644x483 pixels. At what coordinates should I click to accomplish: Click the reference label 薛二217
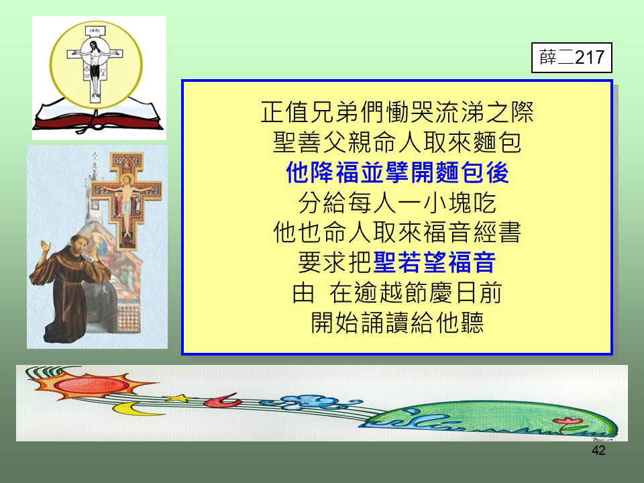click(x=572, y=58)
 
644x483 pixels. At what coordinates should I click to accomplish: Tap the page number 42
click(x=598, y=450)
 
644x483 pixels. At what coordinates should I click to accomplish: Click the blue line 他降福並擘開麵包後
click(x=397, y=172)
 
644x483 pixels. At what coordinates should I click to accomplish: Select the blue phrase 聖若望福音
click(x=435, y=262)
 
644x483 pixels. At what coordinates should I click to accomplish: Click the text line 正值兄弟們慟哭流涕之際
click(x=397, y=112)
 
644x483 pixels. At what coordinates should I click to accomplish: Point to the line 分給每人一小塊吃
click(x=397, y=203)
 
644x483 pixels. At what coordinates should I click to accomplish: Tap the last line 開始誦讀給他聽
click(x=397, y=323)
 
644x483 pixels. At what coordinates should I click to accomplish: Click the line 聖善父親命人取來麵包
click(x=397, y=142)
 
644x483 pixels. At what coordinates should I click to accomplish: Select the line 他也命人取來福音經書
click(x=397, y=233)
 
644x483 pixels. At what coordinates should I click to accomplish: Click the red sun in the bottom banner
click(x=92, y=384)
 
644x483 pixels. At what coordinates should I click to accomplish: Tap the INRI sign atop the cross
click(x=95, y=31)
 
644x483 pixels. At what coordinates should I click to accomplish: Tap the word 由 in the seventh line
click(x=303, y=293)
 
